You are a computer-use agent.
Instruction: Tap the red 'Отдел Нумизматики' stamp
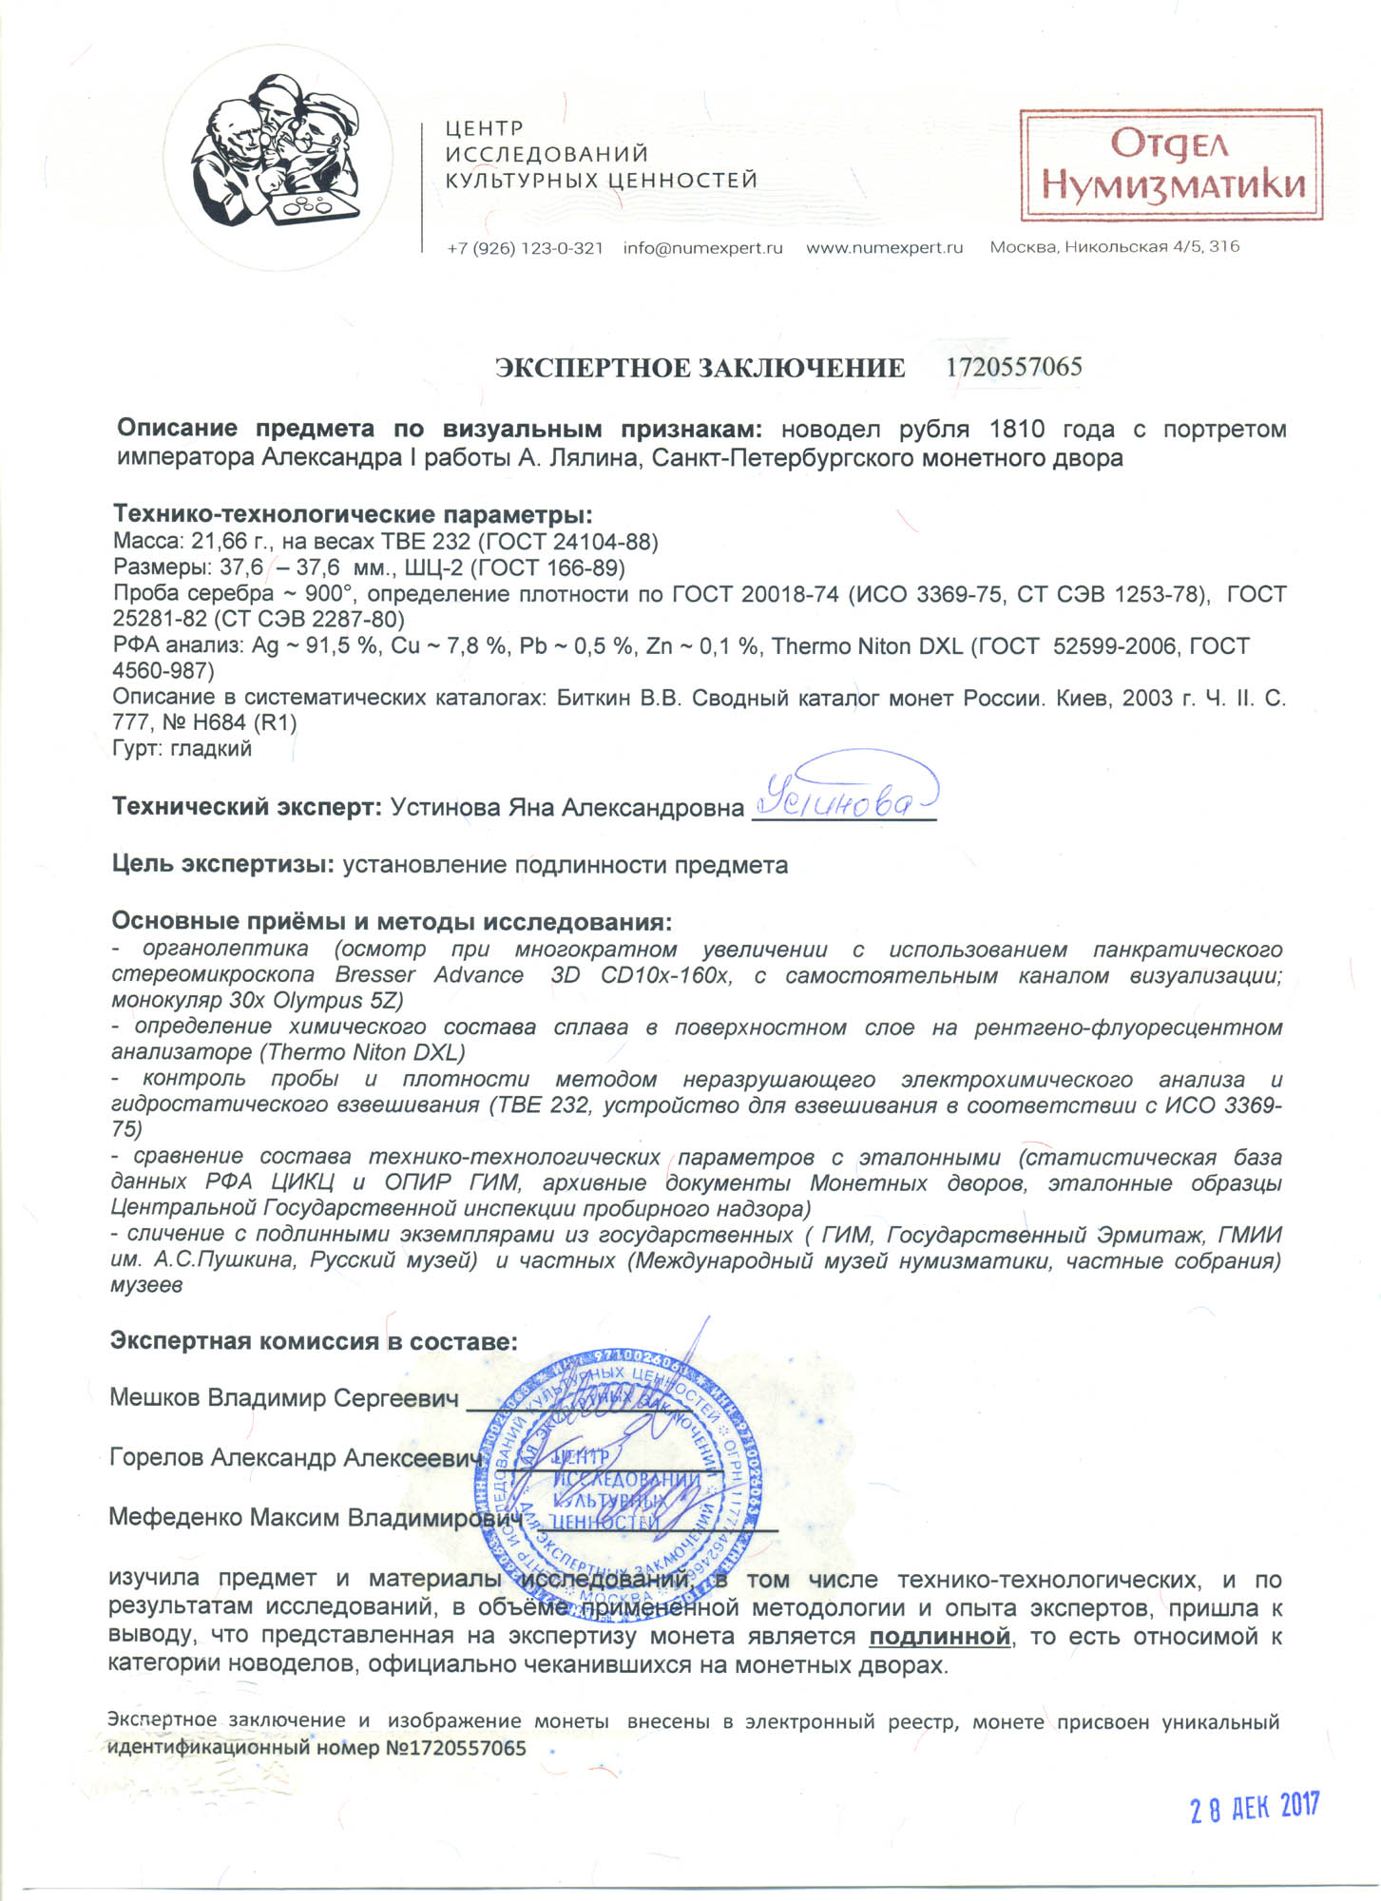tap(1171, 165)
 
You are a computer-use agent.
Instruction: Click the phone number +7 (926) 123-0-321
tap(525, 248)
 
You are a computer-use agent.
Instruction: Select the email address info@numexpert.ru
tap(702, 248)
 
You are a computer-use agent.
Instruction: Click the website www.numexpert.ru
tap(884, 248)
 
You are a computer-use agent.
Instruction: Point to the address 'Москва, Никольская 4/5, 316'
tap(1114, 247)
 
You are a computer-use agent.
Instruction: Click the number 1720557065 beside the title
tap(1014, 368)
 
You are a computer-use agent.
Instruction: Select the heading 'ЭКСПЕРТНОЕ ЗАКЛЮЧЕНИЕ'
tap(700, 369)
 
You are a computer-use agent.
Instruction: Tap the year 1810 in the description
tap(1016, 429)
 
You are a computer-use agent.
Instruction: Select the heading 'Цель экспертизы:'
tap(223, 865)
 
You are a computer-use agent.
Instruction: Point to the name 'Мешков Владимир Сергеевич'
tap(284, 1398)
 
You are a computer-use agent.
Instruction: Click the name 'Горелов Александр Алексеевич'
tap(292, 1458)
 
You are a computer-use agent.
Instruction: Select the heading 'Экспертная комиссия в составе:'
tap(314, 1341)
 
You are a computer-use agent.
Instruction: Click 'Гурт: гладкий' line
tap(182, 748)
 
